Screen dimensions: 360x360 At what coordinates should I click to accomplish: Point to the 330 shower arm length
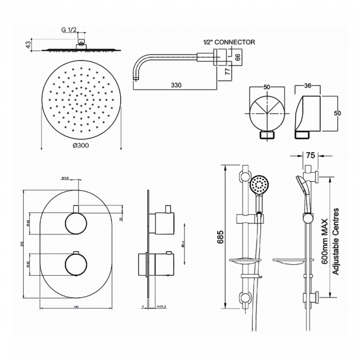(x=177, y=85)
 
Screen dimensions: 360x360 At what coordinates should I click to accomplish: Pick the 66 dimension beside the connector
(x=238, y=56)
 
